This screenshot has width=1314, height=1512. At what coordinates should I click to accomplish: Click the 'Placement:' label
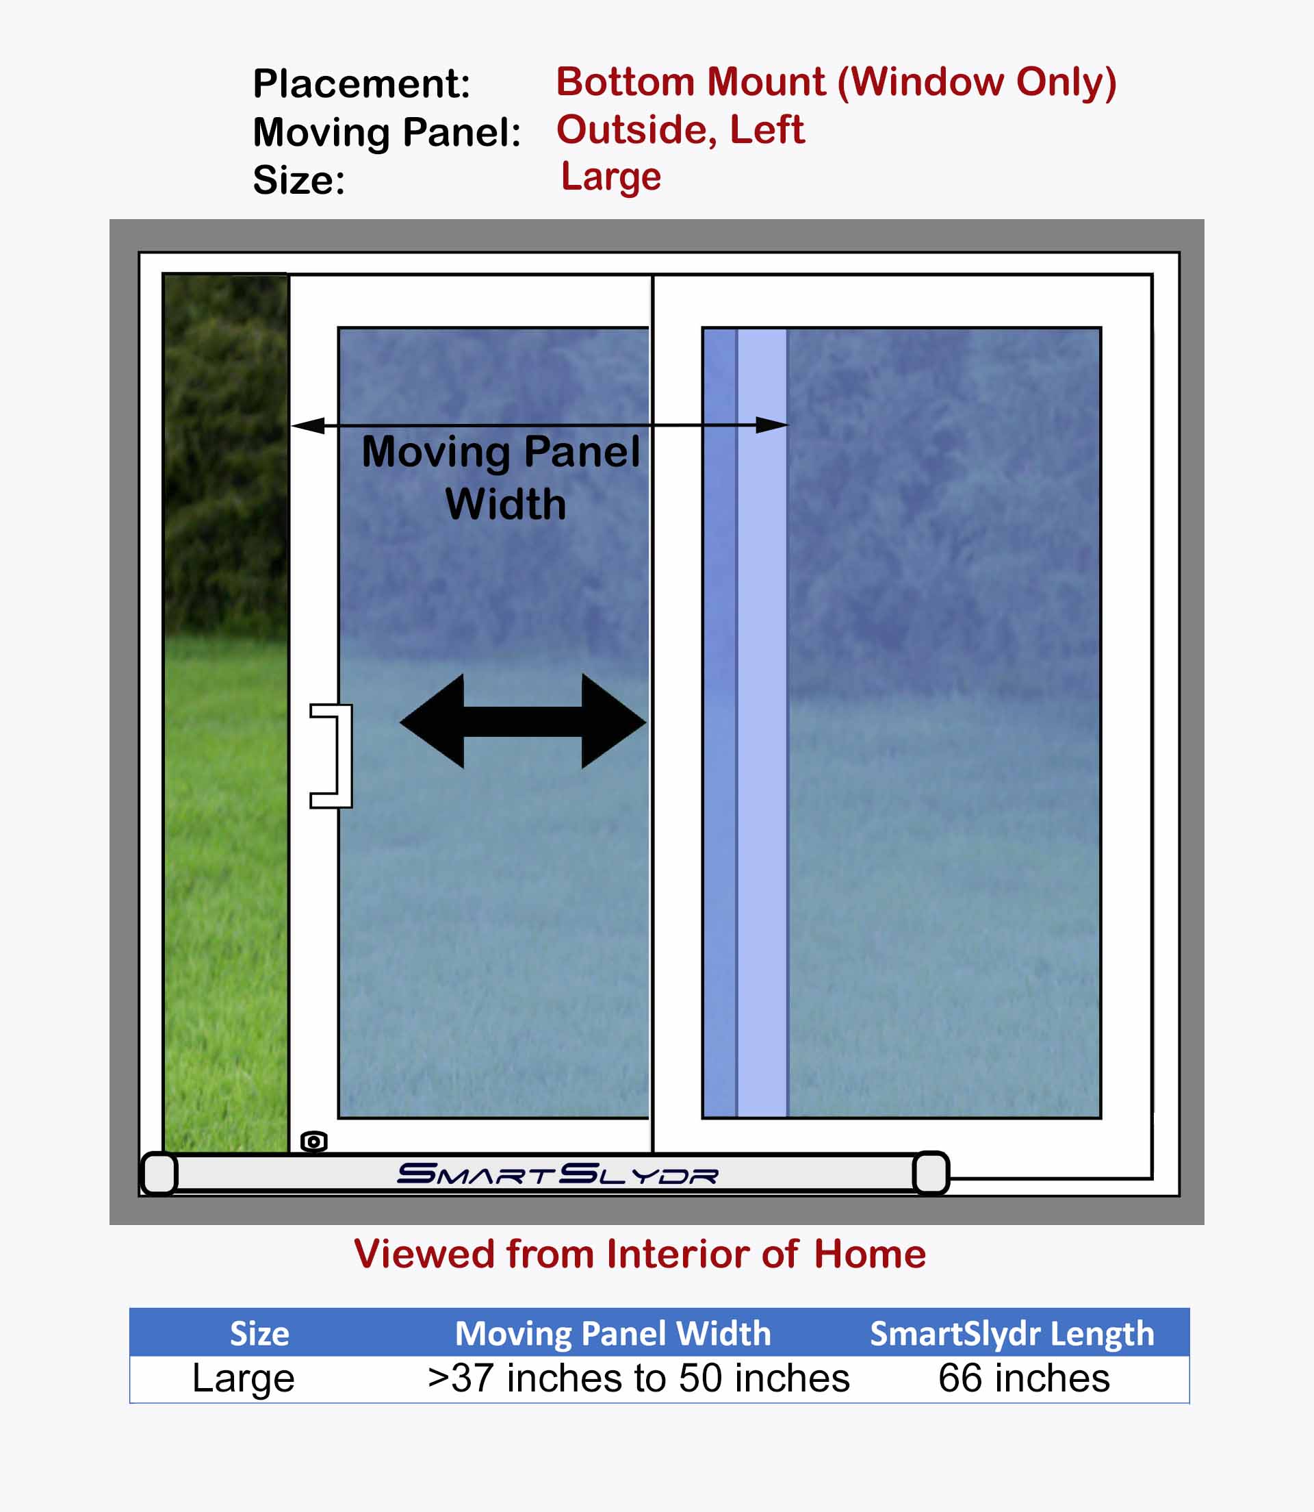point(361,84)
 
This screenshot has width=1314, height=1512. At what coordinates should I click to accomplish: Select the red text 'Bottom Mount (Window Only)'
point(836,82)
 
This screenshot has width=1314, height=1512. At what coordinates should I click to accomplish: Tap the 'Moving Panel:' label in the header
point(387,133)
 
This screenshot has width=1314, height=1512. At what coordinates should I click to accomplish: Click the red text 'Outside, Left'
point(680,130)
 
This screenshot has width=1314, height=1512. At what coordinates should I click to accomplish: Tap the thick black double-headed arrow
point(522,721)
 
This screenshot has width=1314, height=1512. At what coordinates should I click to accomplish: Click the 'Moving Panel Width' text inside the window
point(502,477)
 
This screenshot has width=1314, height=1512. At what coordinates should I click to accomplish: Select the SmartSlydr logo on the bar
point(557,1174)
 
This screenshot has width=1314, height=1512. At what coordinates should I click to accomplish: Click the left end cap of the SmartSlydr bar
point(159,1174)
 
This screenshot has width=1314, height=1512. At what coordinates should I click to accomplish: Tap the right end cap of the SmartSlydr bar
point(931,1173)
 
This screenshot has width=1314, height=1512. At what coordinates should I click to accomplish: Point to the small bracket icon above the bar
point(314,1142)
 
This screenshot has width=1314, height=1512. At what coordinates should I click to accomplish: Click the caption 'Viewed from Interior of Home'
point(639,1254)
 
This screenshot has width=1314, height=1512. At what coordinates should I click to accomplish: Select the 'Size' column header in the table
point(259,1333)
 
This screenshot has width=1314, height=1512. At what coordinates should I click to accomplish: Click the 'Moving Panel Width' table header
point(613,1333)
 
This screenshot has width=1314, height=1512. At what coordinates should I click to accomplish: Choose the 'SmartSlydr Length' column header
point(1012,1334)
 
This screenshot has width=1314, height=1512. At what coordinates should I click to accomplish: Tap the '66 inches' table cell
point(1024,1378)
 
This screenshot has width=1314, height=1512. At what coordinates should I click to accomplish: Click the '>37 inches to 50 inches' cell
point(639,1378)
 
